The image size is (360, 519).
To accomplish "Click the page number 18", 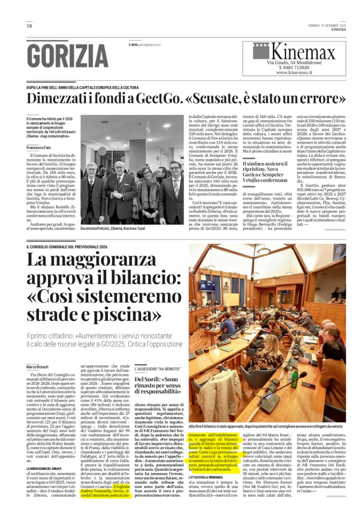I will point(29,26).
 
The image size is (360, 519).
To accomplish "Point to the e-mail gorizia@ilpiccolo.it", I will point(145,45).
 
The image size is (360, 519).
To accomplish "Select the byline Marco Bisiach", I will point(38,366).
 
